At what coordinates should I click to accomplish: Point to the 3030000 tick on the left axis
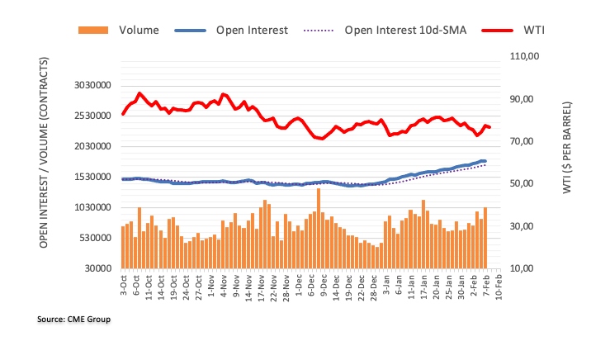coord(92,86)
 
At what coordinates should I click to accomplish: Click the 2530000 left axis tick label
coord(92,116)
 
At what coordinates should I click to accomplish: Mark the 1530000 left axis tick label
coord(92,178)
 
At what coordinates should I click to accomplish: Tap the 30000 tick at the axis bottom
coord(100,269)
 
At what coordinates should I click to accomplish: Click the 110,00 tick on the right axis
coord(525,56)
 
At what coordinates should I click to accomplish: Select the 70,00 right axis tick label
coord(525,141)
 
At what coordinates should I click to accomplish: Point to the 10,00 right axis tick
coord(525,269)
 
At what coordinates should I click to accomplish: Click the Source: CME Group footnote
coord(73,319)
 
